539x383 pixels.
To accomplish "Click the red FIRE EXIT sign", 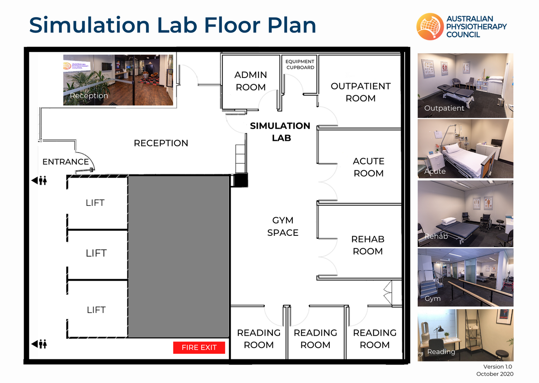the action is [199, 347].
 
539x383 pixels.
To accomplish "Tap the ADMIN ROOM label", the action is [251, 81].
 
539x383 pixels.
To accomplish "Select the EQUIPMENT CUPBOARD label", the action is [300, 65].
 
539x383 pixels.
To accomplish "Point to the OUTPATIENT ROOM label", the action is [360, 92].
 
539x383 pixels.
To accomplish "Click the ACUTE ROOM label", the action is [368, 167].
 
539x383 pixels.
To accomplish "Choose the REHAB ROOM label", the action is [368, 245].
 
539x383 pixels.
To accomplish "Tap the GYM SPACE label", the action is [283, 227].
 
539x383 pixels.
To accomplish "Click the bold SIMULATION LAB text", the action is [280, 132].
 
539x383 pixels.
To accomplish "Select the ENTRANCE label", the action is [66, 162].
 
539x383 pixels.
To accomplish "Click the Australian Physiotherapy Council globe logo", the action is [430, 26].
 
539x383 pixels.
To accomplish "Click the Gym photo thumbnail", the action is [465, 278].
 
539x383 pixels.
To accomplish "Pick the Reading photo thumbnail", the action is [465, 335].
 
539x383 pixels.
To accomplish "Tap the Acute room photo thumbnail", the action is [465, 149].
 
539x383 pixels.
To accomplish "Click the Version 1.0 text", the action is [498, 367].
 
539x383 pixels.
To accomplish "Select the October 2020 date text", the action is [495, 374].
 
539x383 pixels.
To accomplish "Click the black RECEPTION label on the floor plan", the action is [161, 143].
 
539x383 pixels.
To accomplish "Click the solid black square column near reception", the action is [241, 180].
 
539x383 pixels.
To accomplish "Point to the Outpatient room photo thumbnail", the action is [465, 86].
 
